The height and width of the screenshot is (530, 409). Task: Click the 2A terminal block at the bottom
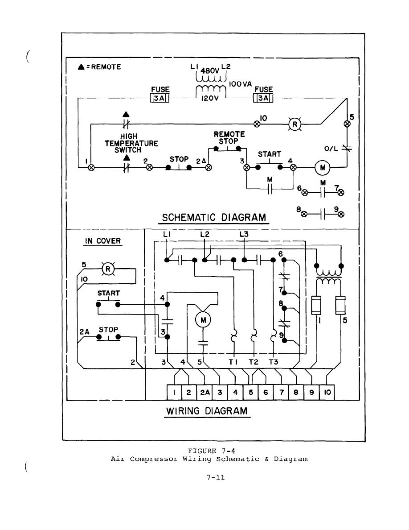click(204, 393)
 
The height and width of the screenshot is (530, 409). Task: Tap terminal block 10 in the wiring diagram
click(327, 393)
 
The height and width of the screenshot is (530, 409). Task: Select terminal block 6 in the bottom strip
click(266, 393)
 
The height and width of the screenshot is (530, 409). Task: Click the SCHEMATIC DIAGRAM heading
click(214, 218)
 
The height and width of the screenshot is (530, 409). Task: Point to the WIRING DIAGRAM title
click(207, 410)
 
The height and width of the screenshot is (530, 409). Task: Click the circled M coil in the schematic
click(321, 168)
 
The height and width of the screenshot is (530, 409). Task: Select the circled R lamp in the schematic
click(294, 124)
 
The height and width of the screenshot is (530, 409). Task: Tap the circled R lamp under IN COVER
click(109, 269)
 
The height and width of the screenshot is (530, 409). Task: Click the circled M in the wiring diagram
click(203, 320)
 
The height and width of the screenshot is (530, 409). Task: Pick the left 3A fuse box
click(160, 98)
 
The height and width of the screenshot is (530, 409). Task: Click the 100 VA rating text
click(241, 84)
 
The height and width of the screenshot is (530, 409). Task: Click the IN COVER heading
click(103, 241)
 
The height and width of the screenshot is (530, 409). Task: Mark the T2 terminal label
click(254, 362)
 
